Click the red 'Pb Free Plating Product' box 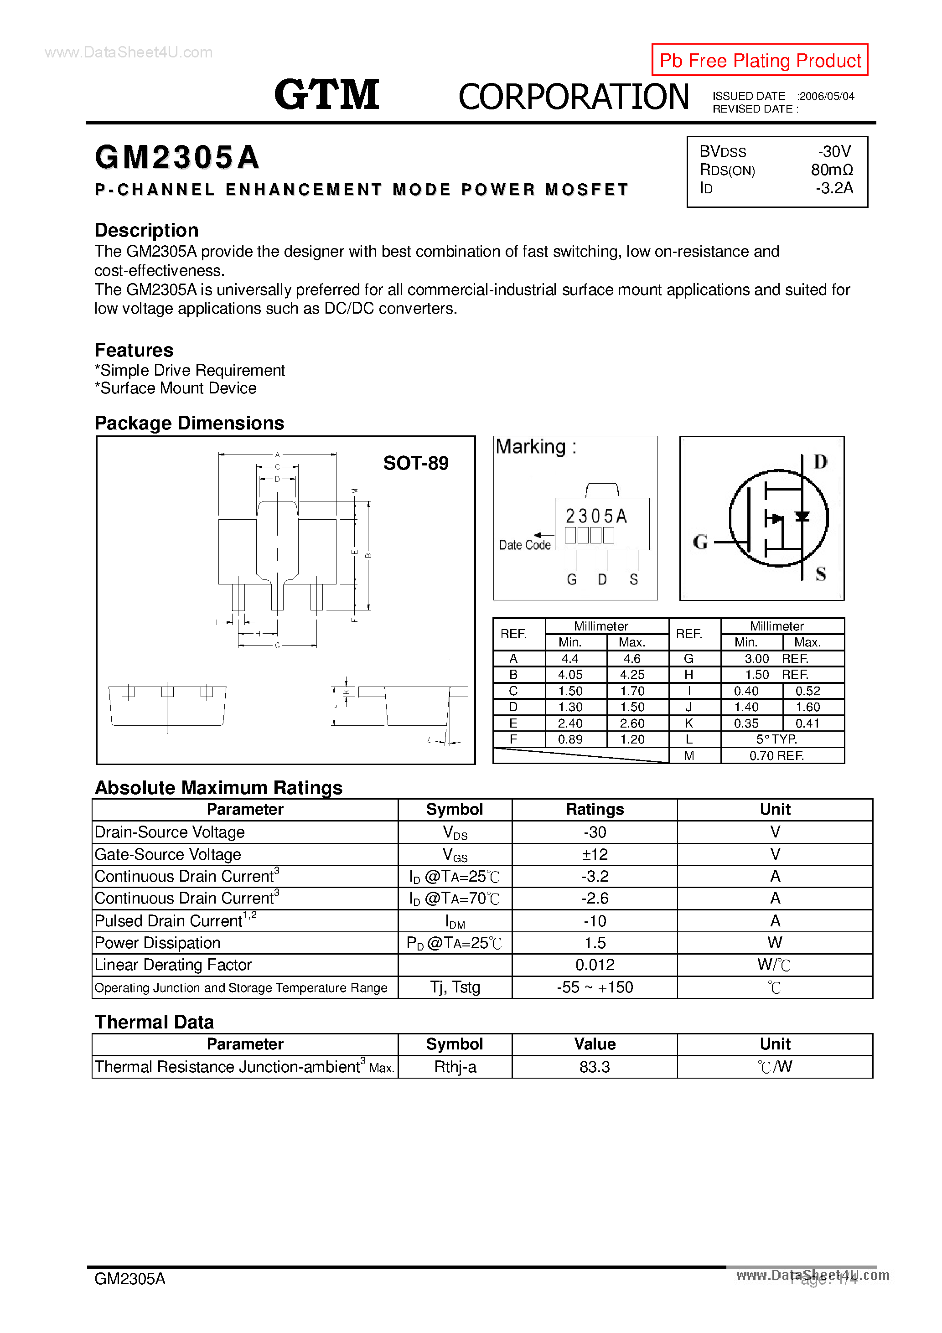[x=759, y=60]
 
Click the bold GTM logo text [x=326, y=95]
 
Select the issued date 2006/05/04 [x=827, y=96]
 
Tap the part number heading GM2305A [x=176, y=157]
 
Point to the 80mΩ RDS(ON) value [x=832, y=170]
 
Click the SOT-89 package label [x=415, y=463]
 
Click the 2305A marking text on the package [x=596, y=516]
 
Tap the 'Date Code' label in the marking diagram [x=524, y=545]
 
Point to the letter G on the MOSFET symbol [x=700, y=542]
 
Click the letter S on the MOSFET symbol [x=821, y=574]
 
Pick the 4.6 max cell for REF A [x=632, y=658]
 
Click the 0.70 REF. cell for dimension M [x=776, y=755]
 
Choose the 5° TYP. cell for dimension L [x=776, y=739]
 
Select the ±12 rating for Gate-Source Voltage [x=594, y=854]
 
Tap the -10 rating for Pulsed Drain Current [x=594, y=921]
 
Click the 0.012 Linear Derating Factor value [x=594, y=965]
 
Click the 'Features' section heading [x=134, y=350]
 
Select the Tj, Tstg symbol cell [x=455, y=987]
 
